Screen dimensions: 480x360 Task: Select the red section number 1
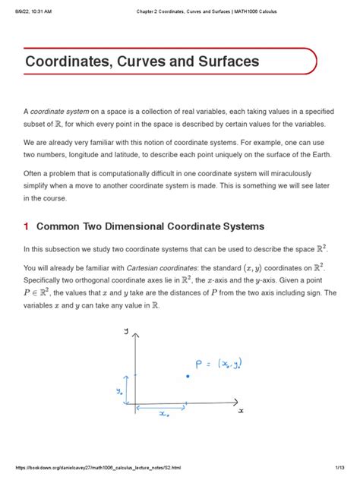27,226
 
